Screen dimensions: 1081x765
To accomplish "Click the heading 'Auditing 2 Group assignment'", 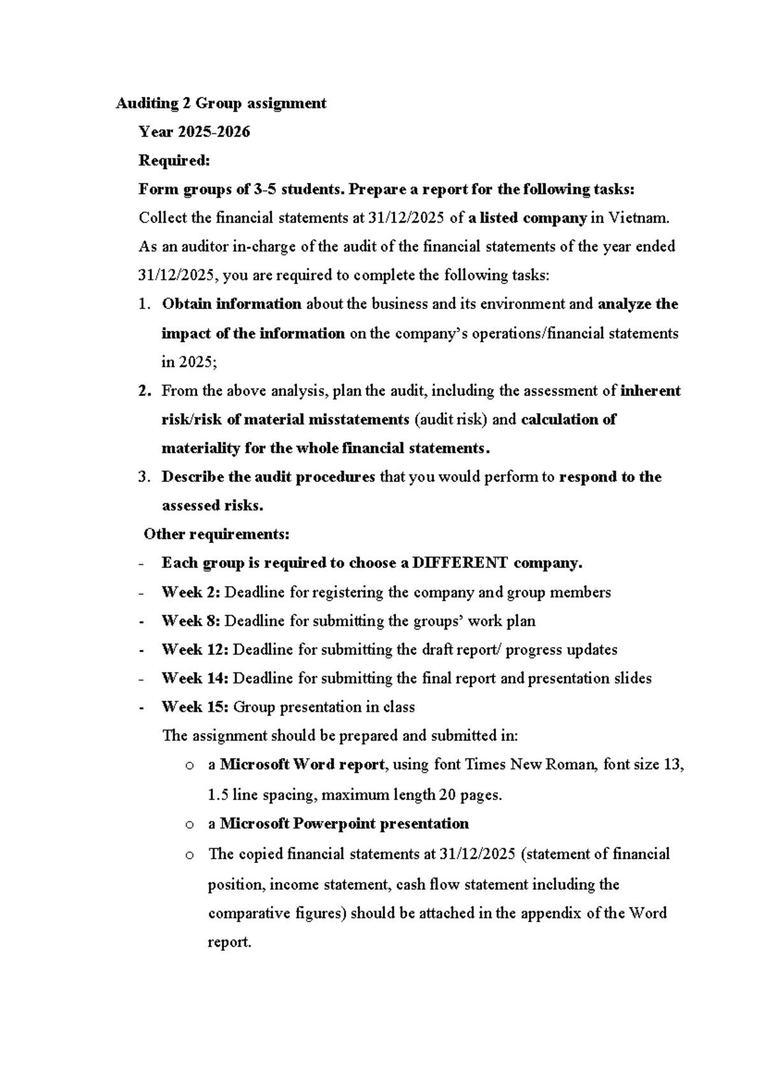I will [x=221, y=103].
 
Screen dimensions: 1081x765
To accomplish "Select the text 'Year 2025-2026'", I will [x=194, y=132].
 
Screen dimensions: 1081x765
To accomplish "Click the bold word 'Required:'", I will [x=174, y=161].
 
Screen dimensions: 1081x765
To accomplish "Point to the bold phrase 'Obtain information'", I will [x=231, y=304].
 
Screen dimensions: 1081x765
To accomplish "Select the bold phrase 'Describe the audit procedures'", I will [x=268, y=477].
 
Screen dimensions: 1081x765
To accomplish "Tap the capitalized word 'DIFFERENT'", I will [x=460, y=563].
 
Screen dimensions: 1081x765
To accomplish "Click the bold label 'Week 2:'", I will [x=191, y=592].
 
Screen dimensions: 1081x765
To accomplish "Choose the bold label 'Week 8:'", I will [x=191, y=621].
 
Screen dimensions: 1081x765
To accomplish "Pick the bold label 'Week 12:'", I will [x=194, y=649].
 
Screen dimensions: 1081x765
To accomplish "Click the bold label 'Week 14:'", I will [x=194, y=678].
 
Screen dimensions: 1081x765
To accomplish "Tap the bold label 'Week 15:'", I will [x=194, y=707].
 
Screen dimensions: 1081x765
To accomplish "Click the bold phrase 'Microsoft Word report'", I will [x=302, y=764].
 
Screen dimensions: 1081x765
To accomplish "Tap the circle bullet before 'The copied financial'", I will [x=189, y=855].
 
